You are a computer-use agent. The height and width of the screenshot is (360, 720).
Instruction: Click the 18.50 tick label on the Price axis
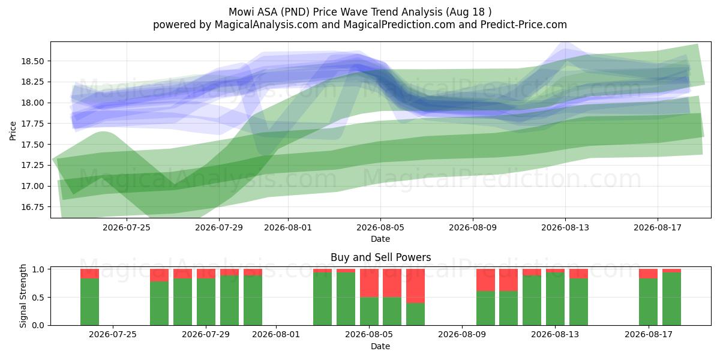click(32, 61)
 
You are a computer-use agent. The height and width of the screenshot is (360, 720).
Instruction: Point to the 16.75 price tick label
click(32, 207)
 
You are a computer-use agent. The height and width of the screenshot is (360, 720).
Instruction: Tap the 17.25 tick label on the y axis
click(32, 165)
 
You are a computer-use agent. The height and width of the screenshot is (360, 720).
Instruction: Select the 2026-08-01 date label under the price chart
click(288, 227)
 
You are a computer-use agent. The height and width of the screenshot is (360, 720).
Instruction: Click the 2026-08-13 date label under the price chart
click(565, 227)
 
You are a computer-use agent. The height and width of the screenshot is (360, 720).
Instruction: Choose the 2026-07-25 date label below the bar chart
click(113, 335)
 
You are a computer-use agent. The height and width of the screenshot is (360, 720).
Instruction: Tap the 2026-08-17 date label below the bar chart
click(649, 335)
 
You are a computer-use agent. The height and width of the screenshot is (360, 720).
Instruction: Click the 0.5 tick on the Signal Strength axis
click(38, 298)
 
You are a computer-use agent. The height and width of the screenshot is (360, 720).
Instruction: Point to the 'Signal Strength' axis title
click(23, 296)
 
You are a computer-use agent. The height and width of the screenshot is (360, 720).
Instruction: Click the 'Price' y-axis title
click(13, 131)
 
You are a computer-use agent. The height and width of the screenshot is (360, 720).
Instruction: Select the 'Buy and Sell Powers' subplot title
click(380, 257)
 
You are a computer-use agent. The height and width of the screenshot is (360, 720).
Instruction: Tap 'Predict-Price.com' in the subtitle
click(524, 25)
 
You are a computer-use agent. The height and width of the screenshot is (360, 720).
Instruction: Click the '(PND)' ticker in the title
click(295, 12)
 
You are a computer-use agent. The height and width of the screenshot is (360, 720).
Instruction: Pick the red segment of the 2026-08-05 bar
click(369, 283)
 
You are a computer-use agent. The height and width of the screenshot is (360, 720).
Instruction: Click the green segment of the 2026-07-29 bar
click(206, 302)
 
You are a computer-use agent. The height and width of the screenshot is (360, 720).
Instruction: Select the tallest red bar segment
click(415, 286)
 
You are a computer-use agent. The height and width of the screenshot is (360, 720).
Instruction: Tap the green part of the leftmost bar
click(89, 302)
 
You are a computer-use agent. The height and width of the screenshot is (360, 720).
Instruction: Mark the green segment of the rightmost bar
click(671, 299)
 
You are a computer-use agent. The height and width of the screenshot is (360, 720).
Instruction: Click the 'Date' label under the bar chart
click(380, 347)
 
